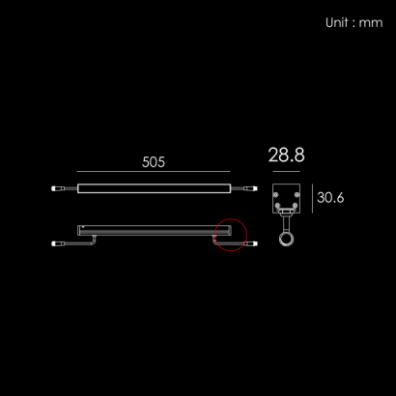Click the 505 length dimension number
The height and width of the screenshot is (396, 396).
pos(154,162)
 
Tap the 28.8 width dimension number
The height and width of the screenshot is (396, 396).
pos(286,155)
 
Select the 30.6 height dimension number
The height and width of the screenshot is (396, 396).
pos(330,198)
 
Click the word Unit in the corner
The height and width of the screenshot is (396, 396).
pos(337,22)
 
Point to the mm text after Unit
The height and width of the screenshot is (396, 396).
pos(371,23)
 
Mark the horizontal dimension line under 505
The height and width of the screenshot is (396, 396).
pos(154,171)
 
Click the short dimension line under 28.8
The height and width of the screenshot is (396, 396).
pos(286,171)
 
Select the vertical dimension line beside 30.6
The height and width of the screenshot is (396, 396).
pos(312,198)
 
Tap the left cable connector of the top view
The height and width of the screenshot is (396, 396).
pos(56,188)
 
